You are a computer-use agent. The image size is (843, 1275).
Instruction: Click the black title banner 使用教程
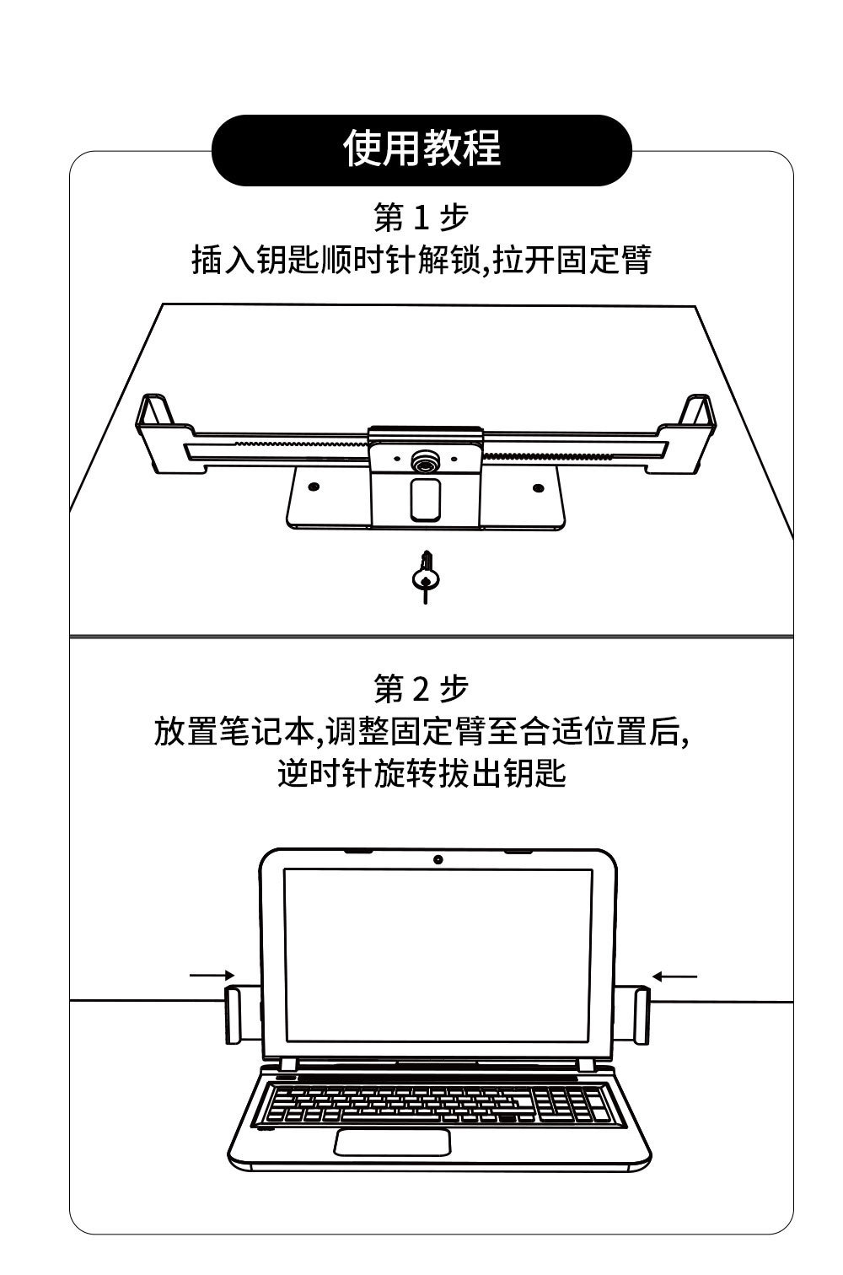click(421, 149)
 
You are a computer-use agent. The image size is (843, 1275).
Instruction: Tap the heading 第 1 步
click(421, 218)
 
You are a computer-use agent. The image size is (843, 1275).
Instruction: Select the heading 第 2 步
click(421, 690)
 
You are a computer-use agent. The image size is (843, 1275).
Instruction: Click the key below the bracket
click(425, 577)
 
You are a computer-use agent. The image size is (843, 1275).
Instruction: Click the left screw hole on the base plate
click(314, 487)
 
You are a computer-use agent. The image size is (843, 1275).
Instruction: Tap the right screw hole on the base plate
click(537, 487)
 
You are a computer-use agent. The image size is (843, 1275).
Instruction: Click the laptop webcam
click(438, 859)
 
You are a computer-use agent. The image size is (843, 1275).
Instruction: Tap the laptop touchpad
click(393, 1142)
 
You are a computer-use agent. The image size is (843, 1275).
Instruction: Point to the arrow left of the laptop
click(211, 976)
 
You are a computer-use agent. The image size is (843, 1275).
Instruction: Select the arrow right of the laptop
click(675, 976)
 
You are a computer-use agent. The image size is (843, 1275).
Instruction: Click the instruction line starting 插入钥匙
click(421, 261)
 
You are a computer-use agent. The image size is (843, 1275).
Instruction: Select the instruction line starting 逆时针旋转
click(421, 773)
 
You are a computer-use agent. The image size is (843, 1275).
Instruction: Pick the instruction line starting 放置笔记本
click(421, 731)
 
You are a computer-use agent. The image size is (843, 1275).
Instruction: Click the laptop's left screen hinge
click(287, 1064)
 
